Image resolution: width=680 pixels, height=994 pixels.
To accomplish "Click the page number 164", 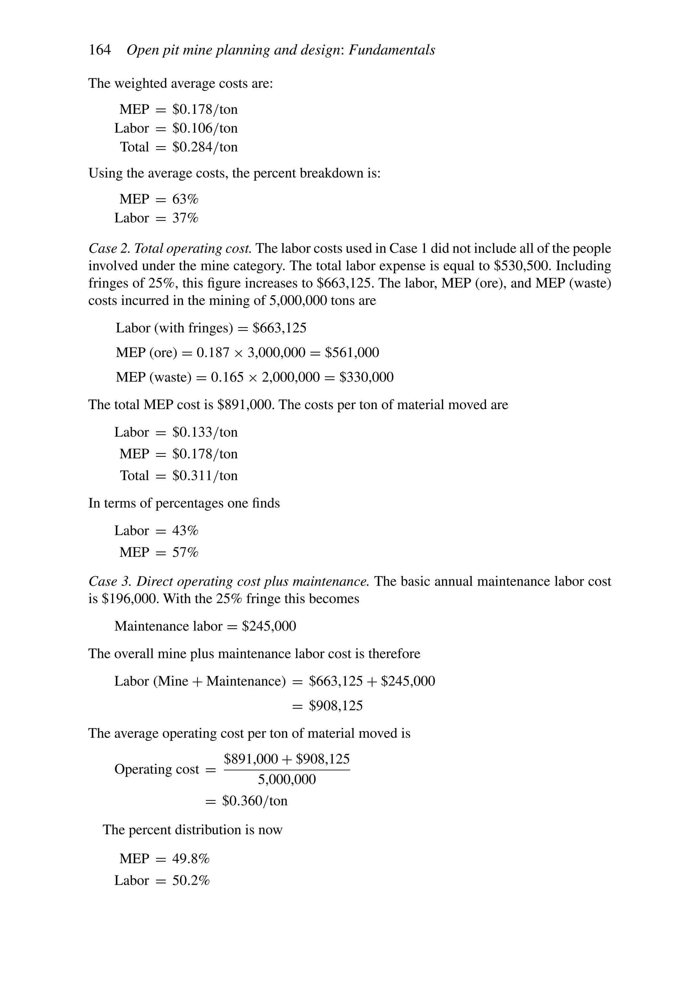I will coord(99,50).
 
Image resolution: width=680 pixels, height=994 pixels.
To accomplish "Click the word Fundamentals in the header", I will coord(392,50).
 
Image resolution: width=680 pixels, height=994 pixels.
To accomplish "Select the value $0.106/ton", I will coord(205,128).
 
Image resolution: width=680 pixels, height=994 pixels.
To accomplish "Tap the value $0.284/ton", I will coord(205,147).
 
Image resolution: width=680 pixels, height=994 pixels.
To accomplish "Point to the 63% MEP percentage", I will coord(185,199).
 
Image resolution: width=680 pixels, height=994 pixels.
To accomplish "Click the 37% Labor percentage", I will coord(185,218).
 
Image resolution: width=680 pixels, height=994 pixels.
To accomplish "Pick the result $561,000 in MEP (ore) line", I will coord(352,352).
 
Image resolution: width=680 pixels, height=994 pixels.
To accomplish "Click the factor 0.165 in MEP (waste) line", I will coord(227,377).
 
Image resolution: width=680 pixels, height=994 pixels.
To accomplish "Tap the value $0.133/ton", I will coord(205,432).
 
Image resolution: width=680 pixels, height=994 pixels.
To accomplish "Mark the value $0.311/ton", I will coord(205,475).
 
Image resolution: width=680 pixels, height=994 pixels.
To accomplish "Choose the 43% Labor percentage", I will coord(185,530).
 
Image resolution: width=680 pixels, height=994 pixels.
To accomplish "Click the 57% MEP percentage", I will coord(185,552).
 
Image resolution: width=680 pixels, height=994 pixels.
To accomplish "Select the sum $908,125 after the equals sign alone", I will coord(336,705).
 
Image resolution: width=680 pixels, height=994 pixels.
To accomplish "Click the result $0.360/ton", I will coord(254,801).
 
